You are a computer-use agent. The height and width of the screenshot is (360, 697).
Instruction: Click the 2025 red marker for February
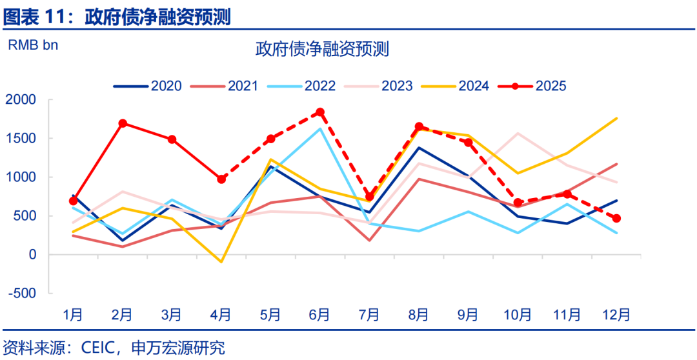click(123, 123)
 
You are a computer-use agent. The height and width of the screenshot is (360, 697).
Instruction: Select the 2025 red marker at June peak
click(320, 112)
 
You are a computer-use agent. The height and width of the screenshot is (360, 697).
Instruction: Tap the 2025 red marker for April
click(221, 179)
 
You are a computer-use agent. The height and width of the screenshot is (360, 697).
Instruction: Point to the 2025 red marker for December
click(616, 218)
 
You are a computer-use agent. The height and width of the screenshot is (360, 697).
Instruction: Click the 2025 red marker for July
click(369, 196)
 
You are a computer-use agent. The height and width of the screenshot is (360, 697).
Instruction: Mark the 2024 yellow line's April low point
click(221, 262)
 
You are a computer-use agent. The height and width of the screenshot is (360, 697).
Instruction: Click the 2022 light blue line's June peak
click(320, 128)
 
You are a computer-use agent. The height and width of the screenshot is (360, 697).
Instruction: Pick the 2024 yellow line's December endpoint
click(616, 118)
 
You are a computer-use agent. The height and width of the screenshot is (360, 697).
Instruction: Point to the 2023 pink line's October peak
click(518, 134)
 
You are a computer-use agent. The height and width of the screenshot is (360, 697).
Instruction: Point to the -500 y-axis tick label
click(21, 293)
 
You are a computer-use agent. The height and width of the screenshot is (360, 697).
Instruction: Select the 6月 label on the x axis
click(320, 315)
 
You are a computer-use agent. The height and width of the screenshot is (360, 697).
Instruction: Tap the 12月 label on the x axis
click(616, 315)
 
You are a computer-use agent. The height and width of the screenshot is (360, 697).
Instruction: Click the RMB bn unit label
click(33, 45)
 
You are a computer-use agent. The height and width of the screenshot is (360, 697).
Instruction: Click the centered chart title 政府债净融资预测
click(322, 49)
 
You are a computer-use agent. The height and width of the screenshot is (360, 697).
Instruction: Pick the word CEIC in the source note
click(98, 348)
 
